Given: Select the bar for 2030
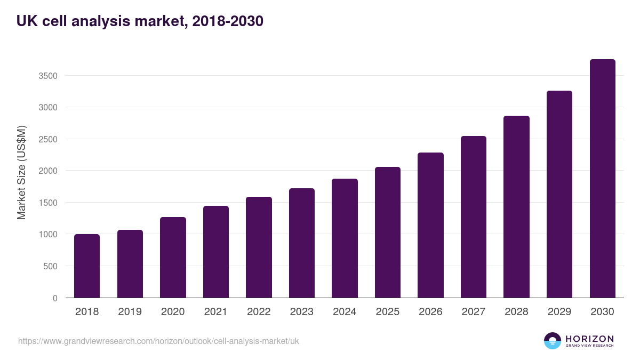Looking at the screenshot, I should pos(602,178).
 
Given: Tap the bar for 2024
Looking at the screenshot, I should pos(345,238).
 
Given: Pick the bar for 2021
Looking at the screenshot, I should pos(216,252).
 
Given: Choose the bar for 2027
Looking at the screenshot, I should pos(474,217).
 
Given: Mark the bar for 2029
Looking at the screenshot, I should pos(559,194).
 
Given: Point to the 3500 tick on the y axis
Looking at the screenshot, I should pos(48,76).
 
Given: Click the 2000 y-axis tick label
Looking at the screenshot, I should pos(48,171).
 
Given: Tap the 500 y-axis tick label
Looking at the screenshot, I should pos(51,266).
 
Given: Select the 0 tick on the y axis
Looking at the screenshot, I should pos(55,298).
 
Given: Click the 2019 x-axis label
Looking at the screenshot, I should pos(130,312).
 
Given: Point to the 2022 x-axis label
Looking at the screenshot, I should pos(259,312).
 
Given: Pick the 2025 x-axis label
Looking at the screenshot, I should pos(388,312).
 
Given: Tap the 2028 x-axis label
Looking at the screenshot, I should pos(516,312).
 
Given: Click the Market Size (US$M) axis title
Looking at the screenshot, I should pos(21,172).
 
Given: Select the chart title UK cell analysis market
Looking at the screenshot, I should pos(140,21).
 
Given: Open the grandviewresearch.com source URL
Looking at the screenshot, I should pos(158,341).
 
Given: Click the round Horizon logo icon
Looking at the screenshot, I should pos(553,341).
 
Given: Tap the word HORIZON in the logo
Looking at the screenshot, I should pos(589,338).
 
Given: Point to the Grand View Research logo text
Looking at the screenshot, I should pos(589,346).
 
